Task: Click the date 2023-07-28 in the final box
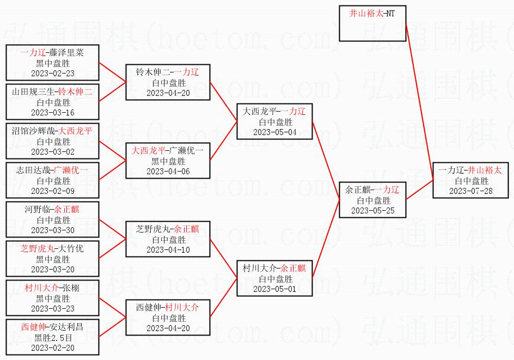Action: pos(471,191)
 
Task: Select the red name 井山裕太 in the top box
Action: pos(366,14)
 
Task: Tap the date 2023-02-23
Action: pos(53,74)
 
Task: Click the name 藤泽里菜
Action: pos(66,53)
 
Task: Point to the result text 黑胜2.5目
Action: pos(53,337)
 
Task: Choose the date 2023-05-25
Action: pos(373,211)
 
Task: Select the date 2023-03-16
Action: pos(53,113)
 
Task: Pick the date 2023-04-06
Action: pos(168,172)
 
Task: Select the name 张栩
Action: pos(71,288)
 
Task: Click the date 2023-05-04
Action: pos(275,132)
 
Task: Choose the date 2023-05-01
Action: pos(275,289)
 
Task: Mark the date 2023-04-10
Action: pos(168,250)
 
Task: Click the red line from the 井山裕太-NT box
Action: pos(420,101)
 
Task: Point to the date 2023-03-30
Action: pos(53,230)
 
